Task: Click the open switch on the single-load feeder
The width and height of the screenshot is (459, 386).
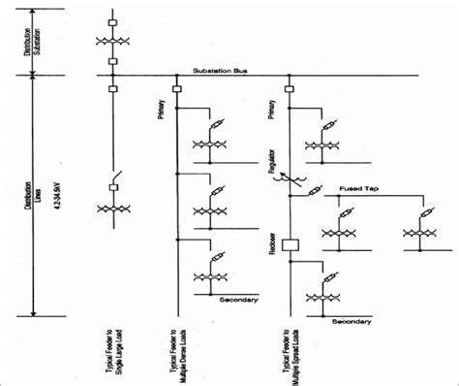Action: coord(114,180)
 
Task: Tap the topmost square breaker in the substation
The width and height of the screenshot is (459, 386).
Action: coord(114,19)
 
